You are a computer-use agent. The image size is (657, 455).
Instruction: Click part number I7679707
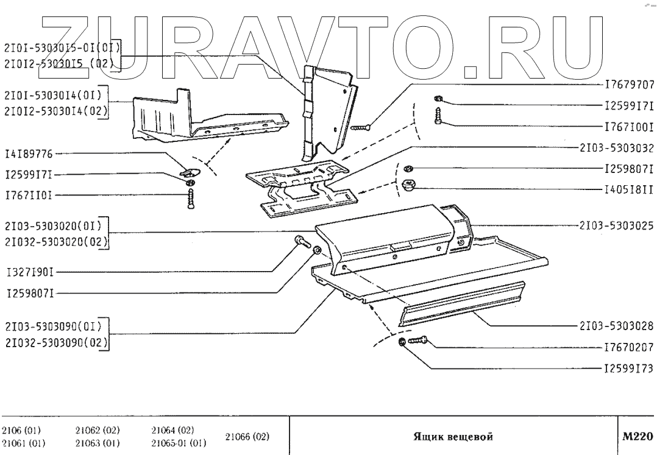point(629,85)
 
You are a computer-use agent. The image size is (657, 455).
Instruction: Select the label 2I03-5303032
point(616,147)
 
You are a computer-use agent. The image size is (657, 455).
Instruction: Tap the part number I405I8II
point(628,189)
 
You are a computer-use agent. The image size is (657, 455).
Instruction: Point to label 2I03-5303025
point(616,225)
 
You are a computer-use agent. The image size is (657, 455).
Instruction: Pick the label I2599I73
point(629,369)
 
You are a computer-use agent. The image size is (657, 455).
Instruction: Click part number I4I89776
point(29,153)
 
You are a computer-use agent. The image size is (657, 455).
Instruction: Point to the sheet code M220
point(637,436)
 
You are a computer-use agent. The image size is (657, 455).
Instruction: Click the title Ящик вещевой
point(452,437)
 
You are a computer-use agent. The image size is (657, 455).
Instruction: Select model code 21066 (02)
point(247,437)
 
